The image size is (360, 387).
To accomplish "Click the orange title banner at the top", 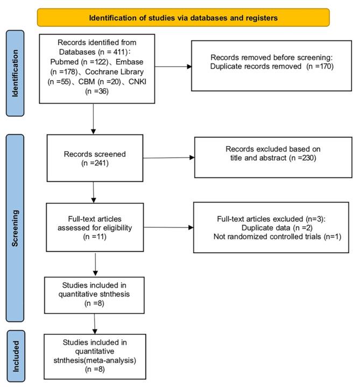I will click(x=183, y=17).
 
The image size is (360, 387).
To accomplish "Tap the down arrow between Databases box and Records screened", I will click(x=94, y=118).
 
